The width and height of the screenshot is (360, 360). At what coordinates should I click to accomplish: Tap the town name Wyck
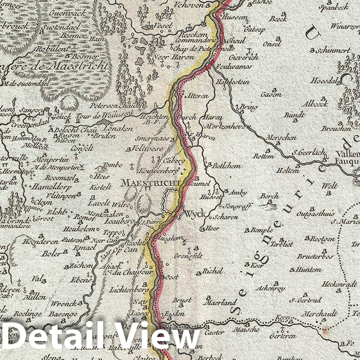click(x=194, y=213)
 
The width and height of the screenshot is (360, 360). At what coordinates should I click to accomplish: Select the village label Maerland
click(x=222, y=302)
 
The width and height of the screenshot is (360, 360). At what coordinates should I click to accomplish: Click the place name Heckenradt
click(x=339, y=284)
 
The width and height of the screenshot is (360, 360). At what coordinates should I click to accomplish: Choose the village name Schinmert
click(x=334, y=51)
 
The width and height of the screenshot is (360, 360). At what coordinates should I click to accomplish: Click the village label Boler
click(x=51, y=252)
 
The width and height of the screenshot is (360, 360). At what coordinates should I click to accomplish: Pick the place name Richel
click(x=212, y=271)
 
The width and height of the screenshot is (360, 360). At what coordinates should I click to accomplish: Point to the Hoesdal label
click(x=325, y=81)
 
